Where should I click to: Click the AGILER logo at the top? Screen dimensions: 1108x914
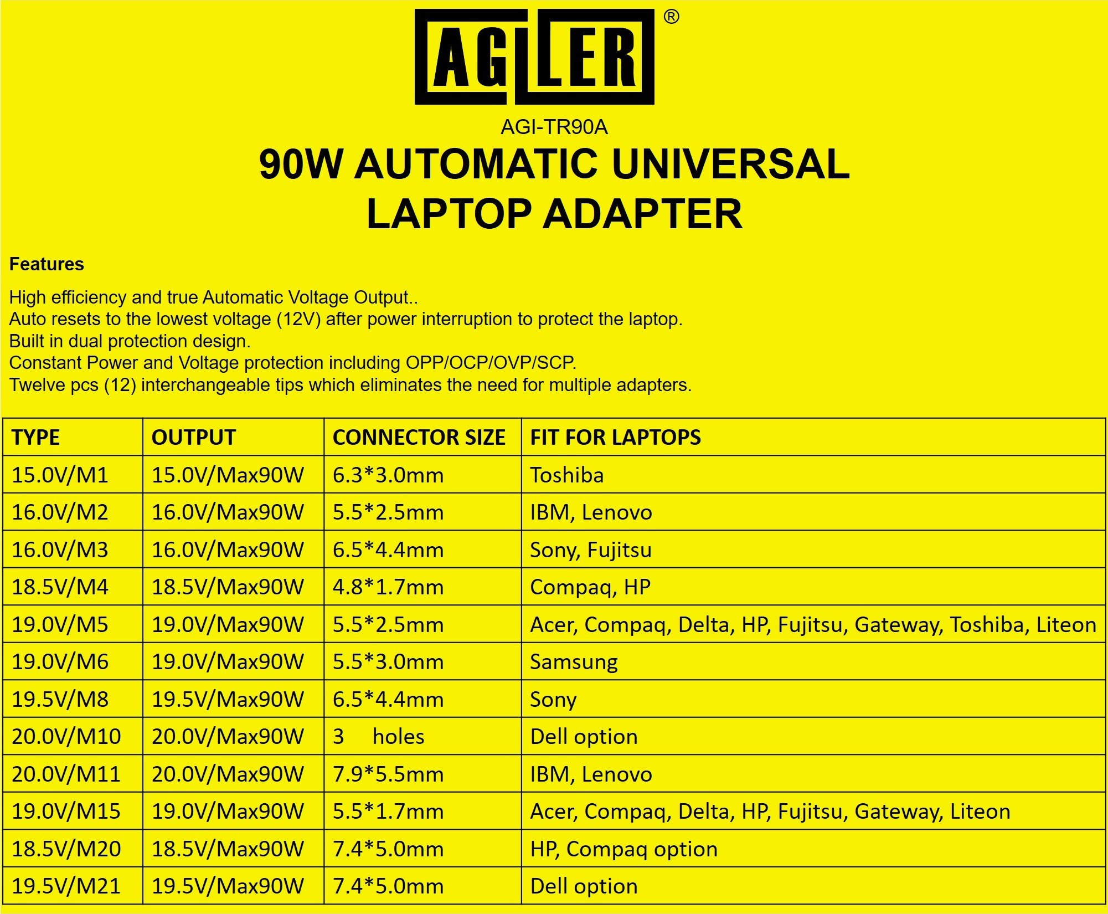(534, 57)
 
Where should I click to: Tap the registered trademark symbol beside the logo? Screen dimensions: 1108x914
(671, 17)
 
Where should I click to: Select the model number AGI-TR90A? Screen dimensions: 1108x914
(554, 127)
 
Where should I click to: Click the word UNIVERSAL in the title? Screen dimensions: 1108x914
(731, 164)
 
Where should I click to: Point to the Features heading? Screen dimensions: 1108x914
(47, 264)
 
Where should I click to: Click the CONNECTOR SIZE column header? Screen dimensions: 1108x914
(419, 438)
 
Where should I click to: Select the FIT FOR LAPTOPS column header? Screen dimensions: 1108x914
(616, 438)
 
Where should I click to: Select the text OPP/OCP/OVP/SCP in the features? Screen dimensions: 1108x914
(491, 363)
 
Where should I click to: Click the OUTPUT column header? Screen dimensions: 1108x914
(194, 438)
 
